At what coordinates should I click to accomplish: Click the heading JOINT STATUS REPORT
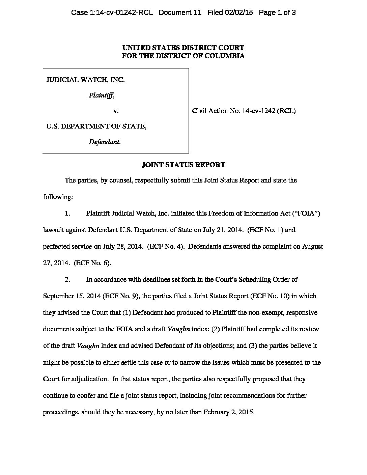point(183,165)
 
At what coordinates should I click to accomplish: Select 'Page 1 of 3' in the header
point(277,13)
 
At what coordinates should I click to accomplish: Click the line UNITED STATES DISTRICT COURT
point(183,48)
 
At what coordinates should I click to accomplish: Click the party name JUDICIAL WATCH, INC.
point(85,80)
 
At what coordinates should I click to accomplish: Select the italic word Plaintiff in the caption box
point(101,95)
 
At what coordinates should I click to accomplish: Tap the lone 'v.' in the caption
point(115,111)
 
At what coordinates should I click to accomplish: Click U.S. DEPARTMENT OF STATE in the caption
point(96,126)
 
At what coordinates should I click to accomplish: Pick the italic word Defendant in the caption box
point(104,142)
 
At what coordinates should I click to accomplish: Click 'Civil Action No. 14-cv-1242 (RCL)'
point(244,111)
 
